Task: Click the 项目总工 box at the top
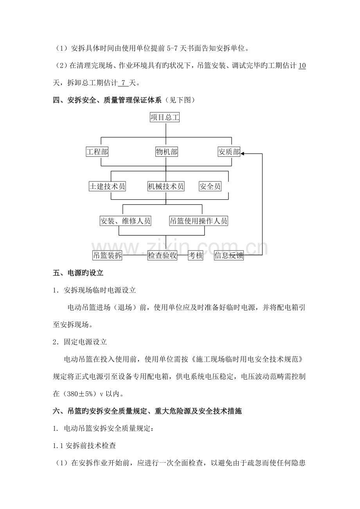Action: pyautogui.click(x=165, y=117)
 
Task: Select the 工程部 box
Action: pyautogui.click(x=97, y=152)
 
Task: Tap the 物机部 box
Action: pyautogui.click(x=167, y=152)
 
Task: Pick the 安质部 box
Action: pyautogui.click(x=229, y=152)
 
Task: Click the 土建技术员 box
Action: pyautogui.click(x=107, y=186)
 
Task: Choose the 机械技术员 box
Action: pyautogui.click(x=166, y=186)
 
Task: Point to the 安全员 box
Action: pyautogui.click(x=210, y=186)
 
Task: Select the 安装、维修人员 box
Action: pyautogui.click(x=126, y=221)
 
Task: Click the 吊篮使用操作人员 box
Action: pyautogui.click(x=198, y=221)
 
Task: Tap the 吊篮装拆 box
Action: pyautogui.click(x=107, y=255)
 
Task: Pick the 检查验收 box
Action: pyautogui.click(x=162, y=255)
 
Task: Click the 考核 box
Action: pyautogui.click(x=196, y=255)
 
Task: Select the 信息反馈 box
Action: pyautogui.click(x=229, y=255)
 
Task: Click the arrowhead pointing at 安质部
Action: pyautogui.click(x=243, y=154)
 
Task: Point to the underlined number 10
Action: pyautogui.click(x=302, y=66)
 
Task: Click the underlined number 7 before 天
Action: pyautogui.click(x=124, y=83)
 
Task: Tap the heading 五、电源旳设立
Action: pyautogui.click(x=78, y=273)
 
